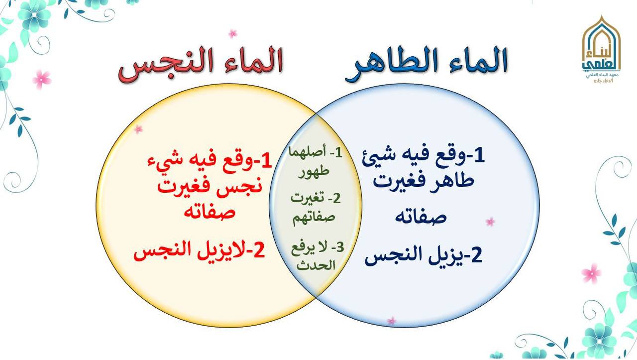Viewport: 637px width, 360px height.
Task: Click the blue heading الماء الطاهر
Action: coord(426,64)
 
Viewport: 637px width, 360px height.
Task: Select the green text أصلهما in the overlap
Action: coord(308,152)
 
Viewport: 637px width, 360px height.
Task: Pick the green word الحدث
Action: coord(316,265)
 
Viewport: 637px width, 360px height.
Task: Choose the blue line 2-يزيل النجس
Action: coord(424,255)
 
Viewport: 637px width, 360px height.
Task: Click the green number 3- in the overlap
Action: coord(337,247)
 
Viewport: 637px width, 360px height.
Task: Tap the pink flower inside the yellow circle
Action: coord(138,129)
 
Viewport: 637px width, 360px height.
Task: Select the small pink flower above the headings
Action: coord(232,34)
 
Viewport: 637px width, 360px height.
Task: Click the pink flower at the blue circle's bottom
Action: coord(392,321)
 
